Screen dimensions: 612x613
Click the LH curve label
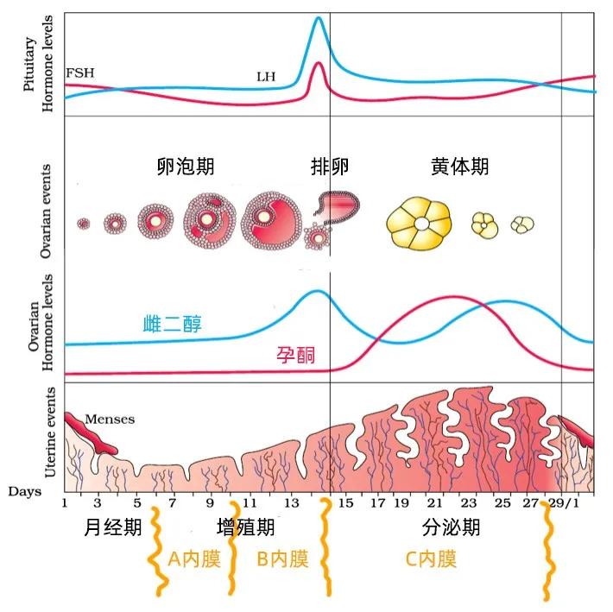tap(265, 77)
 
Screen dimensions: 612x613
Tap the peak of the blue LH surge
tap(319, 19)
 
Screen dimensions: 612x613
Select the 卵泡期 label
tap(186, 166)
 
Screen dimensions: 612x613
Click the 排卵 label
tap(330, 166)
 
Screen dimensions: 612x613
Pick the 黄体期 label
tap(459, 166)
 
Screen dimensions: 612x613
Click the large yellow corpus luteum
tap(419, 224)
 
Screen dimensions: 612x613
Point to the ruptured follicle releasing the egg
tap(338, 204)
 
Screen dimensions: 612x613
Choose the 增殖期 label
tap(245, 527)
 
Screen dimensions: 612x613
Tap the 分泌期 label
tap(452, 527)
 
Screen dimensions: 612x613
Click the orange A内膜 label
tap(194, 558)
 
